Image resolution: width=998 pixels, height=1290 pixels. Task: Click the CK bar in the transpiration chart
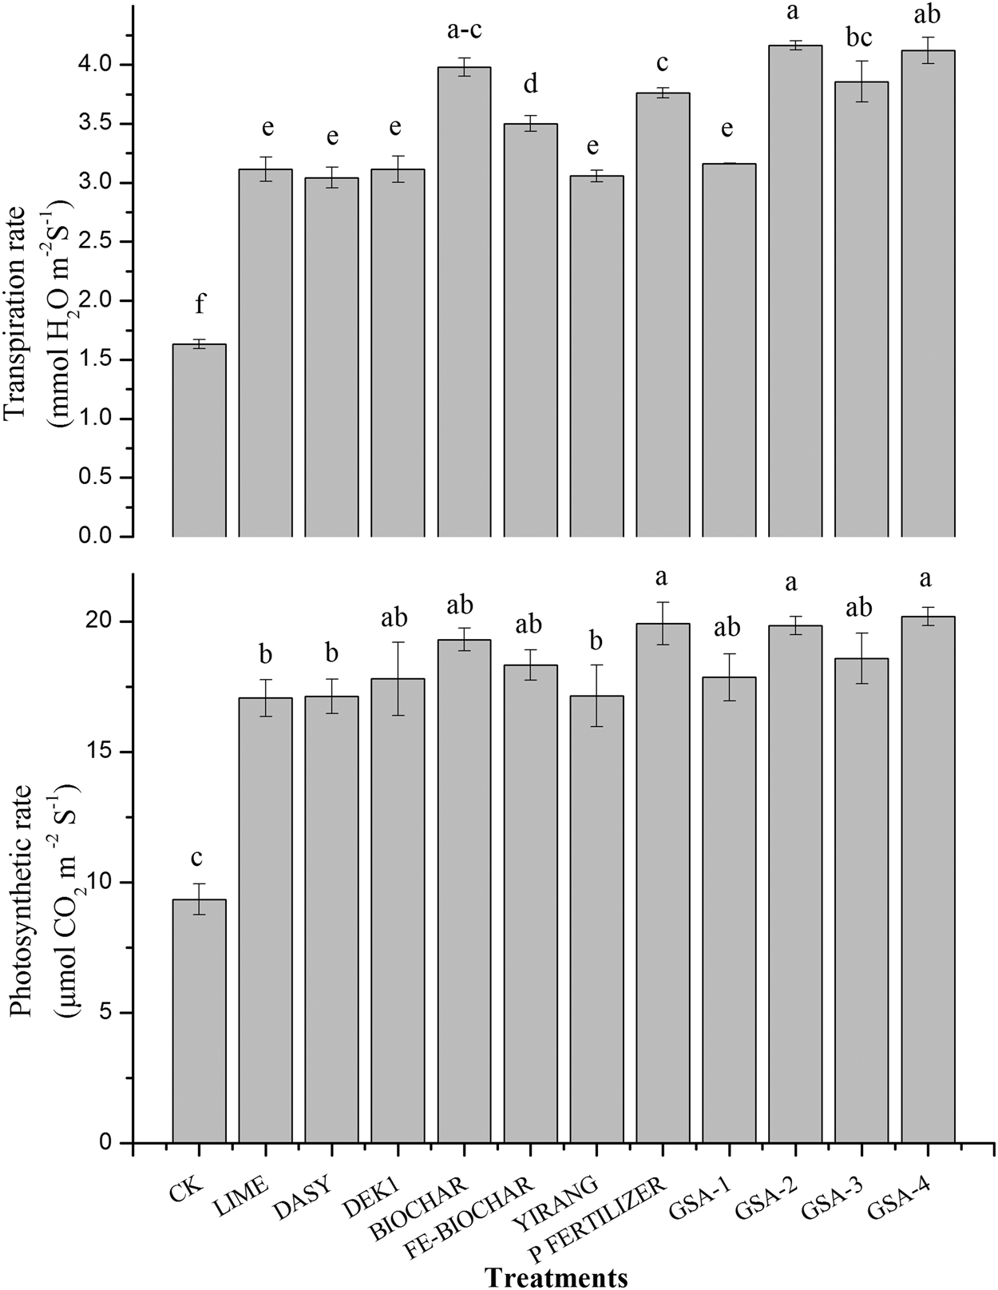click(199, 440)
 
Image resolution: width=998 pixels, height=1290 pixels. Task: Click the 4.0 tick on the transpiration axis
click(103, 65)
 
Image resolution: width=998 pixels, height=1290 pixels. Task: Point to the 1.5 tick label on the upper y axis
click(103, 360)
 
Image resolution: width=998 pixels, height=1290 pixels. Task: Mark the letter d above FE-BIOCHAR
click(530, 83)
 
